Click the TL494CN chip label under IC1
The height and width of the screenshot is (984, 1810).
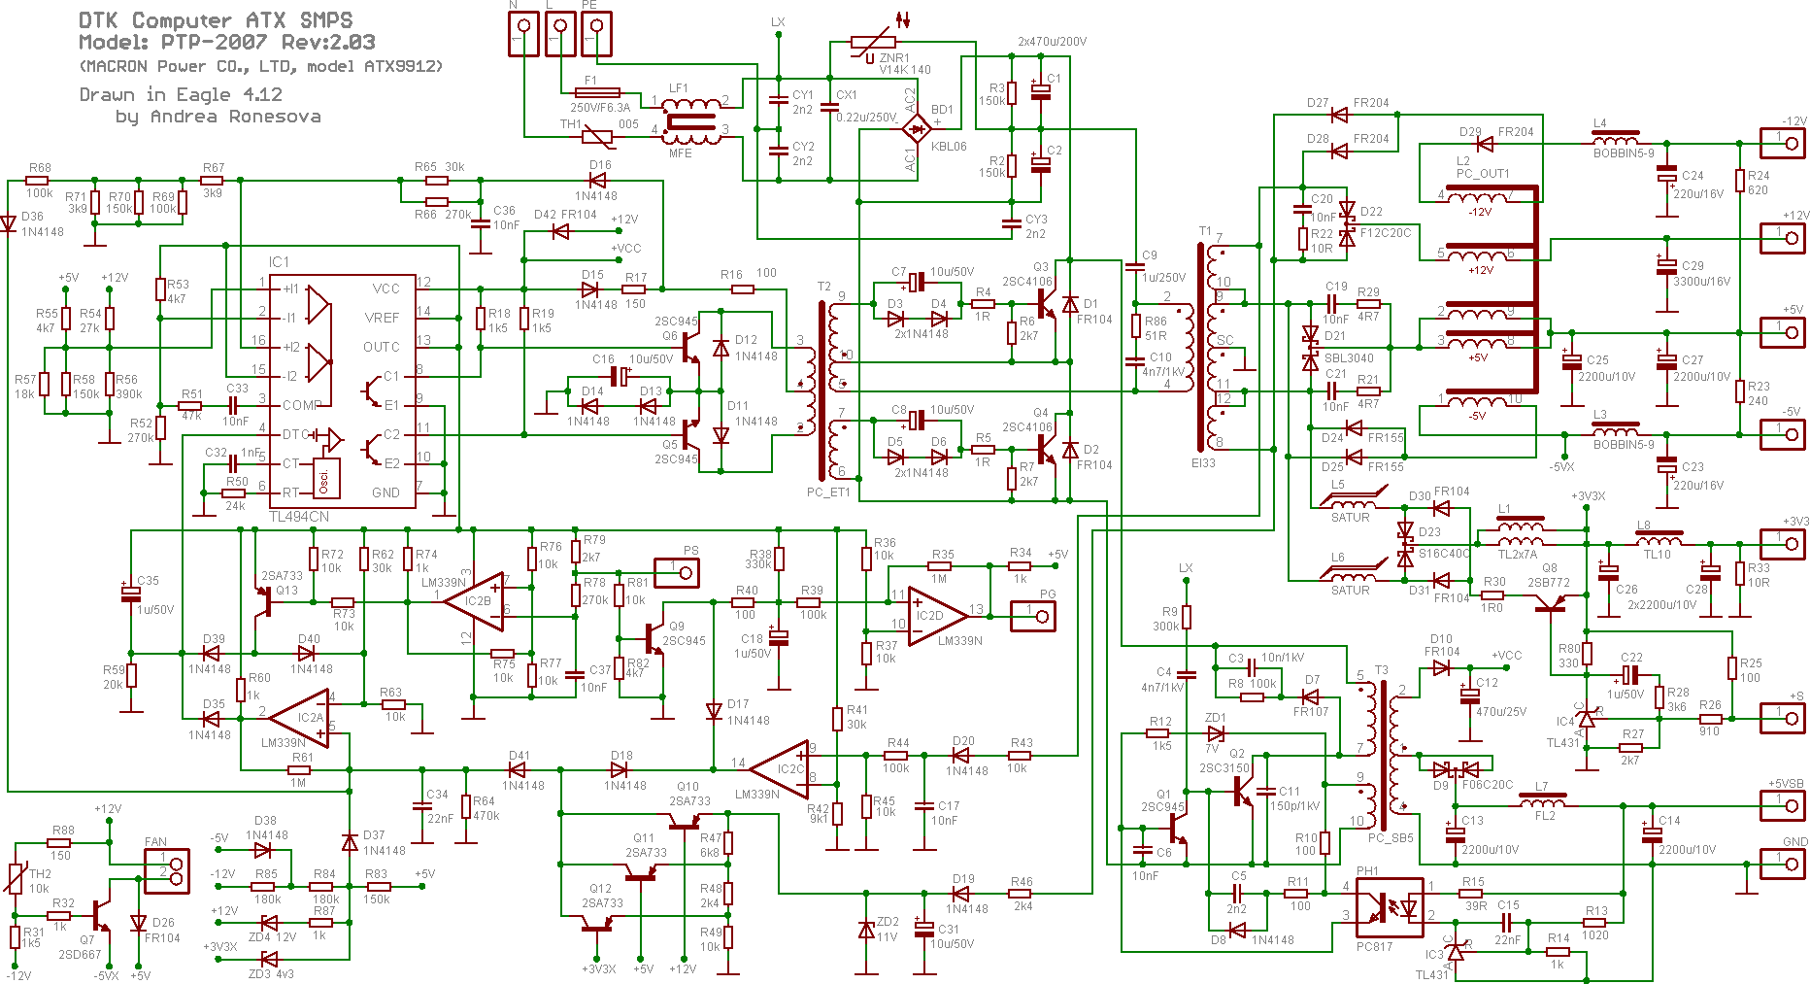[x=298, y=517]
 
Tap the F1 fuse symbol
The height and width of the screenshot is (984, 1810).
[x=596, y=93]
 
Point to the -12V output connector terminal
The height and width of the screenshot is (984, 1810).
[x=1783, y=143]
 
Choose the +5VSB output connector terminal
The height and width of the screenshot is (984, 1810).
[x=1783, y=804]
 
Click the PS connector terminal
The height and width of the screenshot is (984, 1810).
[x=677, y=572]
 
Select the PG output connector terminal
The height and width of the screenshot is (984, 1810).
[x=1033, y=616]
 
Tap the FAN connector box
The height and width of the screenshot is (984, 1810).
[x=167, y=870]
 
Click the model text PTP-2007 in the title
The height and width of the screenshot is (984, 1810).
[x=214, y=42]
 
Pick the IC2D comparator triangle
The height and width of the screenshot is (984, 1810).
[x=934, y=615]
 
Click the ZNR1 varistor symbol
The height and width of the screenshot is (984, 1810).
[x=873, y=43]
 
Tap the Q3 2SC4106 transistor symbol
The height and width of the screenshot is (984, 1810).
[x=1044, y=304]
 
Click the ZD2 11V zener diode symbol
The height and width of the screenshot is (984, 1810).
[x=866, y=930]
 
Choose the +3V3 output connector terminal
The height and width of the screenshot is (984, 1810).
[x=1783, y=542]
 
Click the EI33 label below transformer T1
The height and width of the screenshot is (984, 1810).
[x=1203, y=463]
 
